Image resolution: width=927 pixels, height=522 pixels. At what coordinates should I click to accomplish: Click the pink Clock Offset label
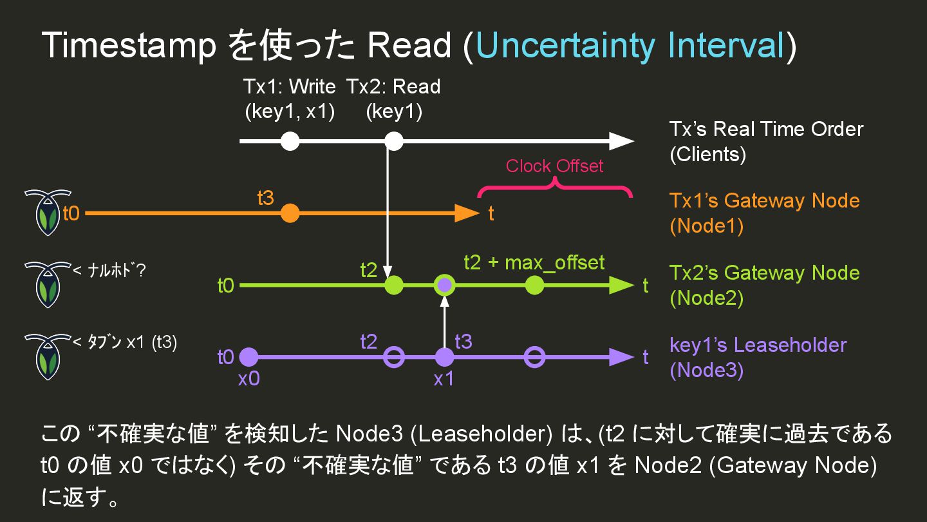[554, 166]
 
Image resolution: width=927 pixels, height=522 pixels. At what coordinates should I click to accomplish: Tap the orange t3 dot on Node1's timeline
[290, 213]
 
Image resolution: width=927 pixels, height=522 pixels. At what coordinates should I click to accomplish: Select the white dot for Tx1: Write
[290, 140]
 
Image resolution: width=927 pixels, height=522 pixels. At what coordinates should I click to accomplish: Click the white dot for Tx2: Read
[393, 140]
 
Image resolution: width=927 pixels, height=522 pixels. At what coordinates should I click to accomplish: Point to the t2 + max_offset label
[534, 262]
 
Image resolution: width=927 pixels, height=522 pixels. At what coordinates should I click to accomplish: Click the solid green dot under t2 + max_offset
[534, 285]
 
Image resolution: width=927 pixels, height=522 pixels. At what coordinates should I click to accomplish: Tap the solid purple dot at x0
[248, 356]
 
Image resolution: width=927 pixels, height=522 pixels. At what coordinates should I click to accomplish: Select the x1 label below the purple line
[444, 379]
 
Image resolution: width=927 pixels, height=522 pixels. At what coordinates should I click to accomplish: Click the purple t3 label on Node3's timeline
[463, 342]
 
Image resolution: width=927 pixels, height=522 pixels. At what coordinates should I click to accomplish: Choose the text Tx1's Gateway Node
[764, 200]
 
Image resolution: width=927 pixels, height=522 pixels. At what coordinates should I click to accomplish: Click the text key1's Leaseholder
[758, 345]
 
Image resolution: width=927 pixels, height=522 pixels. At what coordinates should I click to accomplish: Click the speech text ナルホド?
[109, 271]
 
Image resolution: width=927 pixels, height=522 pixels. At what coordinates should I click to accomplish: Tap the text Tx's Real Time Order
[766, 129]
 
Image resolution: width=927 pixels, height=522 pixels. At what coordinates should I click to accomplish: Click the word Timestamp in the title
[129, 46]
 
